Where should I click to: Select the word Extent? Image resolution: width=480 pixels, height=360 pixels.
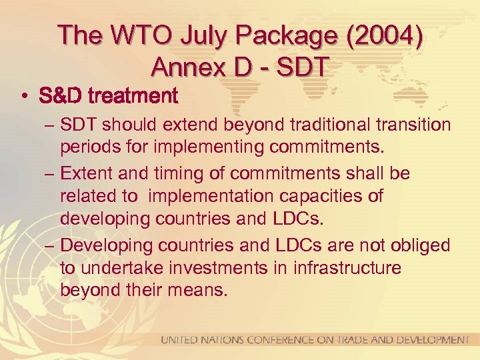[85, 173]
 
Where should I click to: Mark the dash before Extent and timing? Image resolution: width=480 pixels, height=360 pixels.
[49, 173]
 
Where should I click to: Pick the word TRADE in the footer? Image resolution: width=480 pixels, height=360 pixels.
[347, 340]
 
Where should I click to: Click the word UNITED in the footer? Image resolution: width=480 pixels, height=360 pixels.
[181, 340]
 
